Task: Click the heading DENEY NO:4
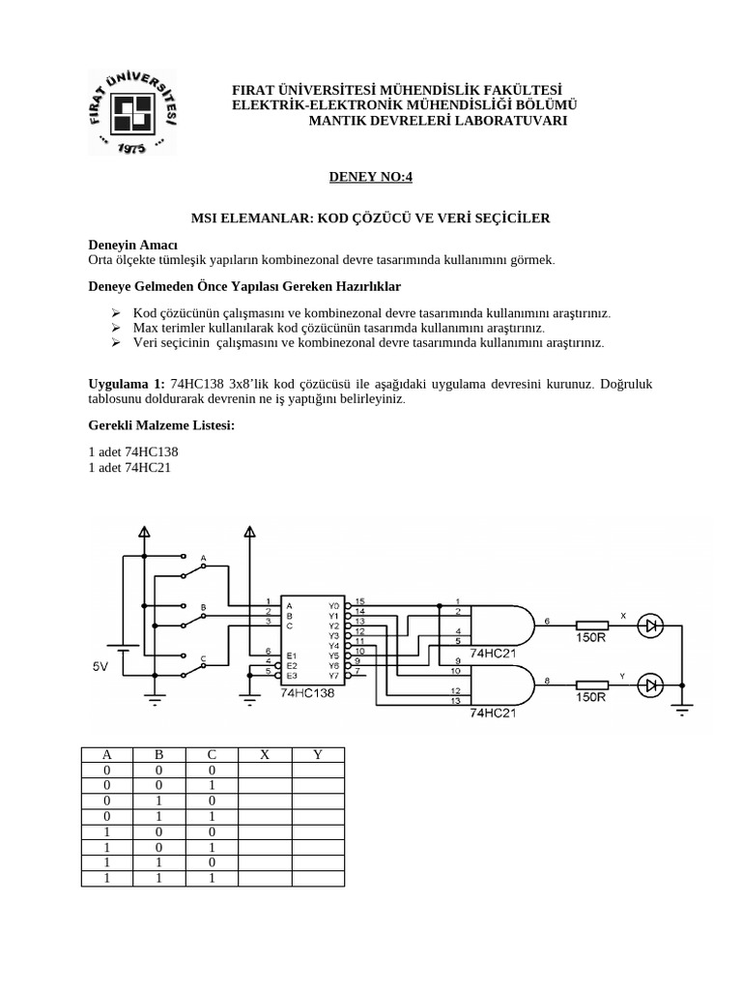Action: pos(371,177)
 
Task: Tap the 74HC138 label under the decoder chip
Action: pos(307,693)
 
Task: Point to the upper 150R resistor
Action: pos(590,626)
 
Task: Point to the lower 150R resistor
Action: pos(590,684)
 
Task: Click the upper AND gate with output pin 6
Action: pos(501,626)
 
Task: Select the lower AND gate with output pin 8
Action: pos(501,684)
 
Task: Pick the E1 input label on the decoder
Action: pos(289,655)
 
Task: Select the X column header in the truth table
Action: pos(265,755)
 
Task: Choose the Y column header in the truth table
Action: pos(318,755)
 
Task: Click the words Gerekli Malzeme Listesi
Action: pos(161,426)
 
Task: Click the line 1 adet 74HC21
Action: pos(133,469)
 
